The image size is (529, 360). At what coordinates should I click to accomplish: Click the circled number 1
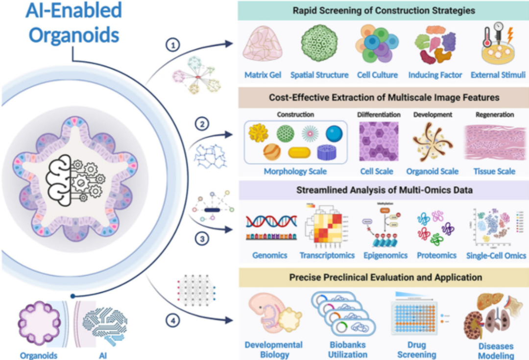[x=172, y=46]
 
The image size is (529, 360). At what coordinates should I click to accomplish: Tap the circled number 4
[x=172, y=322]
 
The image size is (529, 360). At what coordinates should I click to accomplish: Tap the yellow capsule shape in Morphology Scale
[x=299, y=153]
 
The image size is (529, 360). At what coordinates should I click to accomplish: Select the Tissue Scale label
[x=494, y=171]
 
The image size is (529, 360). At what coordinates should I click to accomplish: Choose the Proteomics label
[x=436, y=255]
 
